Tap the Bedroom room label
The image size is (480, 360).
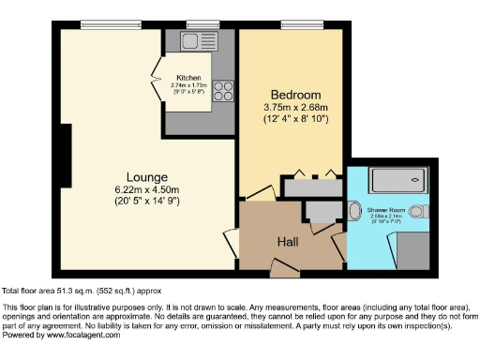[295, 95]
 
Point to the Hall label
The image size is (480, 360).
[287, 242]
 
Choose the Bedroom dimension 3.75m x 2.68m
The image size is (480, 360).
[295, 109]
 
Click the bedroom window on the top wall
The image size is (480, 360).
[297, 24]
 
